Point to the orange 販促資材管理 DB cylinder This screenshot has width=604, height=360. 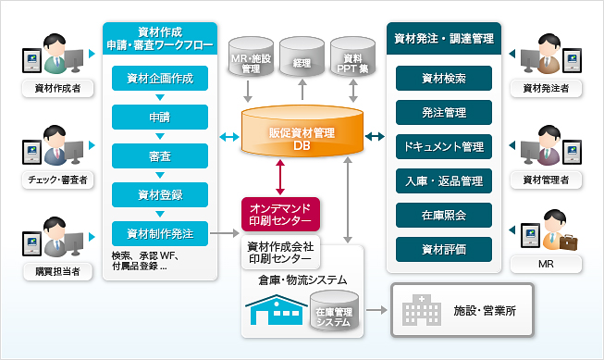coord(301,136)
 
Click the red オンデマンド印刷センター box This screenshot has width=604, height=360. coord(280,213)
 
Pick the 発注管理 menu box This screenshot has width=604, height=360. coord(442,113)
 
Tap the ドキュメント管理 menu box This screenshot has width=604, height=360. coord(442,146)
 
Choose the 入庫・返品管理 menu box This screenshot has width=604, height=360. coord(442,180)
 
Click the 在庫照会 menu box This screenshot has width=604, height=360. coord(442,215)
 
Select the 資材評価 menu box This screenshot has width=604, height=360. coord(442,248)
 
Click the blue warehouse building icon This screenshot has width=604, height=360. coord(275,313)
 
